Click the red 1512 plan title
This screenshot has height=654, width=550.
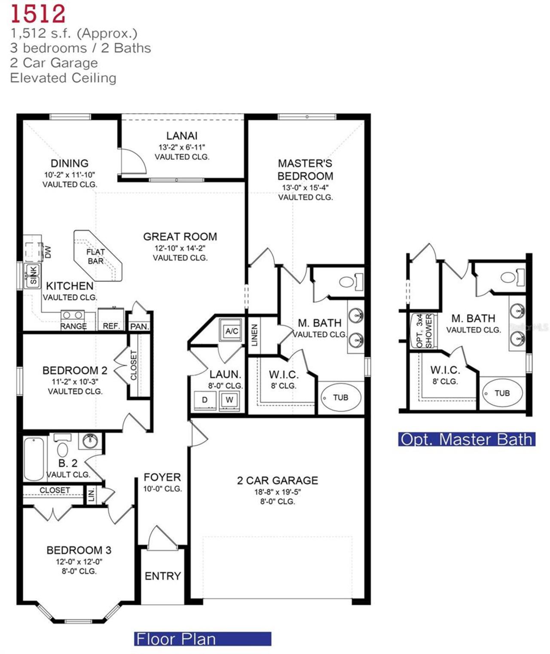pyautogui.click(x=38, y=13)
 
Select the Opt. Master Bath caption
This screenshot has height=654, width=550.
pyautogui.click(x=466, y=439)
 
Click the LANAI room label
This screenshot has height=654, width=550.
pyautogui.click(x=182, y=136)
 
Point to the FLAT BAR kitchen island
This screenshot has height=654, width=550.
pyautogui.click(x=97, y=256)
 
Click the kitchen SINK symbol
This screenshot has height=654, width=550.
pyautogui.click(x=33, y=275)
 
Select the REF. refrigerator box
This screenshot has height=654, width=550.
pyautogui.click(x=111, y=319)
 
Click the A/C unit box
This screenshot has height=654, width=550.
pyautogui.click(x=232, y=330)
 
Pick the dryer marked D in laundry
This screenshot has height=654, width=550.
pyautogui.click(x=205, y=400)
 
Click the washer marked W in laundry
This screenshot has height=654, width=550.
pyautogui.click(x=229, y=400)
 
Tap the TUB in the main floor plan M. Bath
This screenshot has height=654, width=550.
pyautogui.click(x=341, y=397)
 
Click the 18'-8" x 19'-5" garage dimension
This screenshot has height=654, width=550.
pyautogui.click(x=278, y=492)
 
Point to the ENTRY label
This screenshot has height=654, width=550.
pyautogui.click(x=162, y=576)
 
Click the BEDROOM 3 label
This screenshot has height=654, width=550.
pyautogui.click(x=79, y=550)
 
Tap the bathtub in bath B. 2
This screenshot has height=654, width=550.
pyautogui.click(x=34, y=458)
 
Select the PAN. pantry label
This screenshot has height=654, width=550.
pyautogui.click(x=139, y=327)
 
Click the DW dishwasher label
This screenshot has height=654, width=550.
pyautogui.click(x=48, y=251)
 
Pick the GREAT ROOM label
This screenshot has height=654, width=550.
pyautogui.click(x=180, y=237)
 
